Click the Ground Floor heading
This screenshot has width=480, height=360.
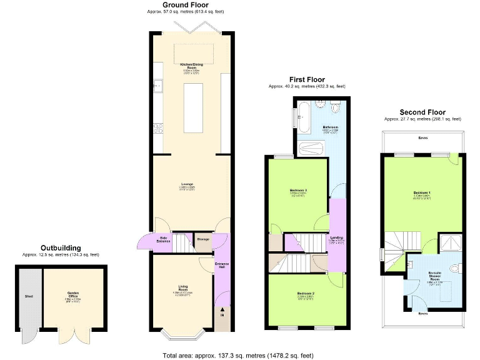pos(186,5)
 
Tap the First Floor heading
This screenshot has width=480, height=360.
pos(306,79)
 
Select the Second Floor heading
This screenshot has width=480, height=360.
pos(422,112)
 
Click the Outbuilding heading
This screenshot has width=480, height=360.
pos(61,248)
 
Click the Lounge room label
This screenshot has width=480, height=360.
pos(187,184)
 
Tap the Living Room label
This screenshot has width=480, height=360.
pos(183,288)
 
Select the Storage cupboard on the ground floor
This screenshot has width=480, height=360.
pos(202,238)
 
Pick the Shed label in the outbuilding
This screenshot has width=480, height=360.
pos(28,296)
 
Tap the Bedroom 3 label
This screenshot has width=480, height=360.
pos(298,190)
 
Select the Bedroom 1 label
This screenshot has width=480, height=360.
pos(422,192)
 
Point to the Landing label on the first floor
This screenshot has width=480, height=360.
pos(336,238)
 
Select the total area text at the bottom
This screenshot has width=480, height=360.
pos(237,355)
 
